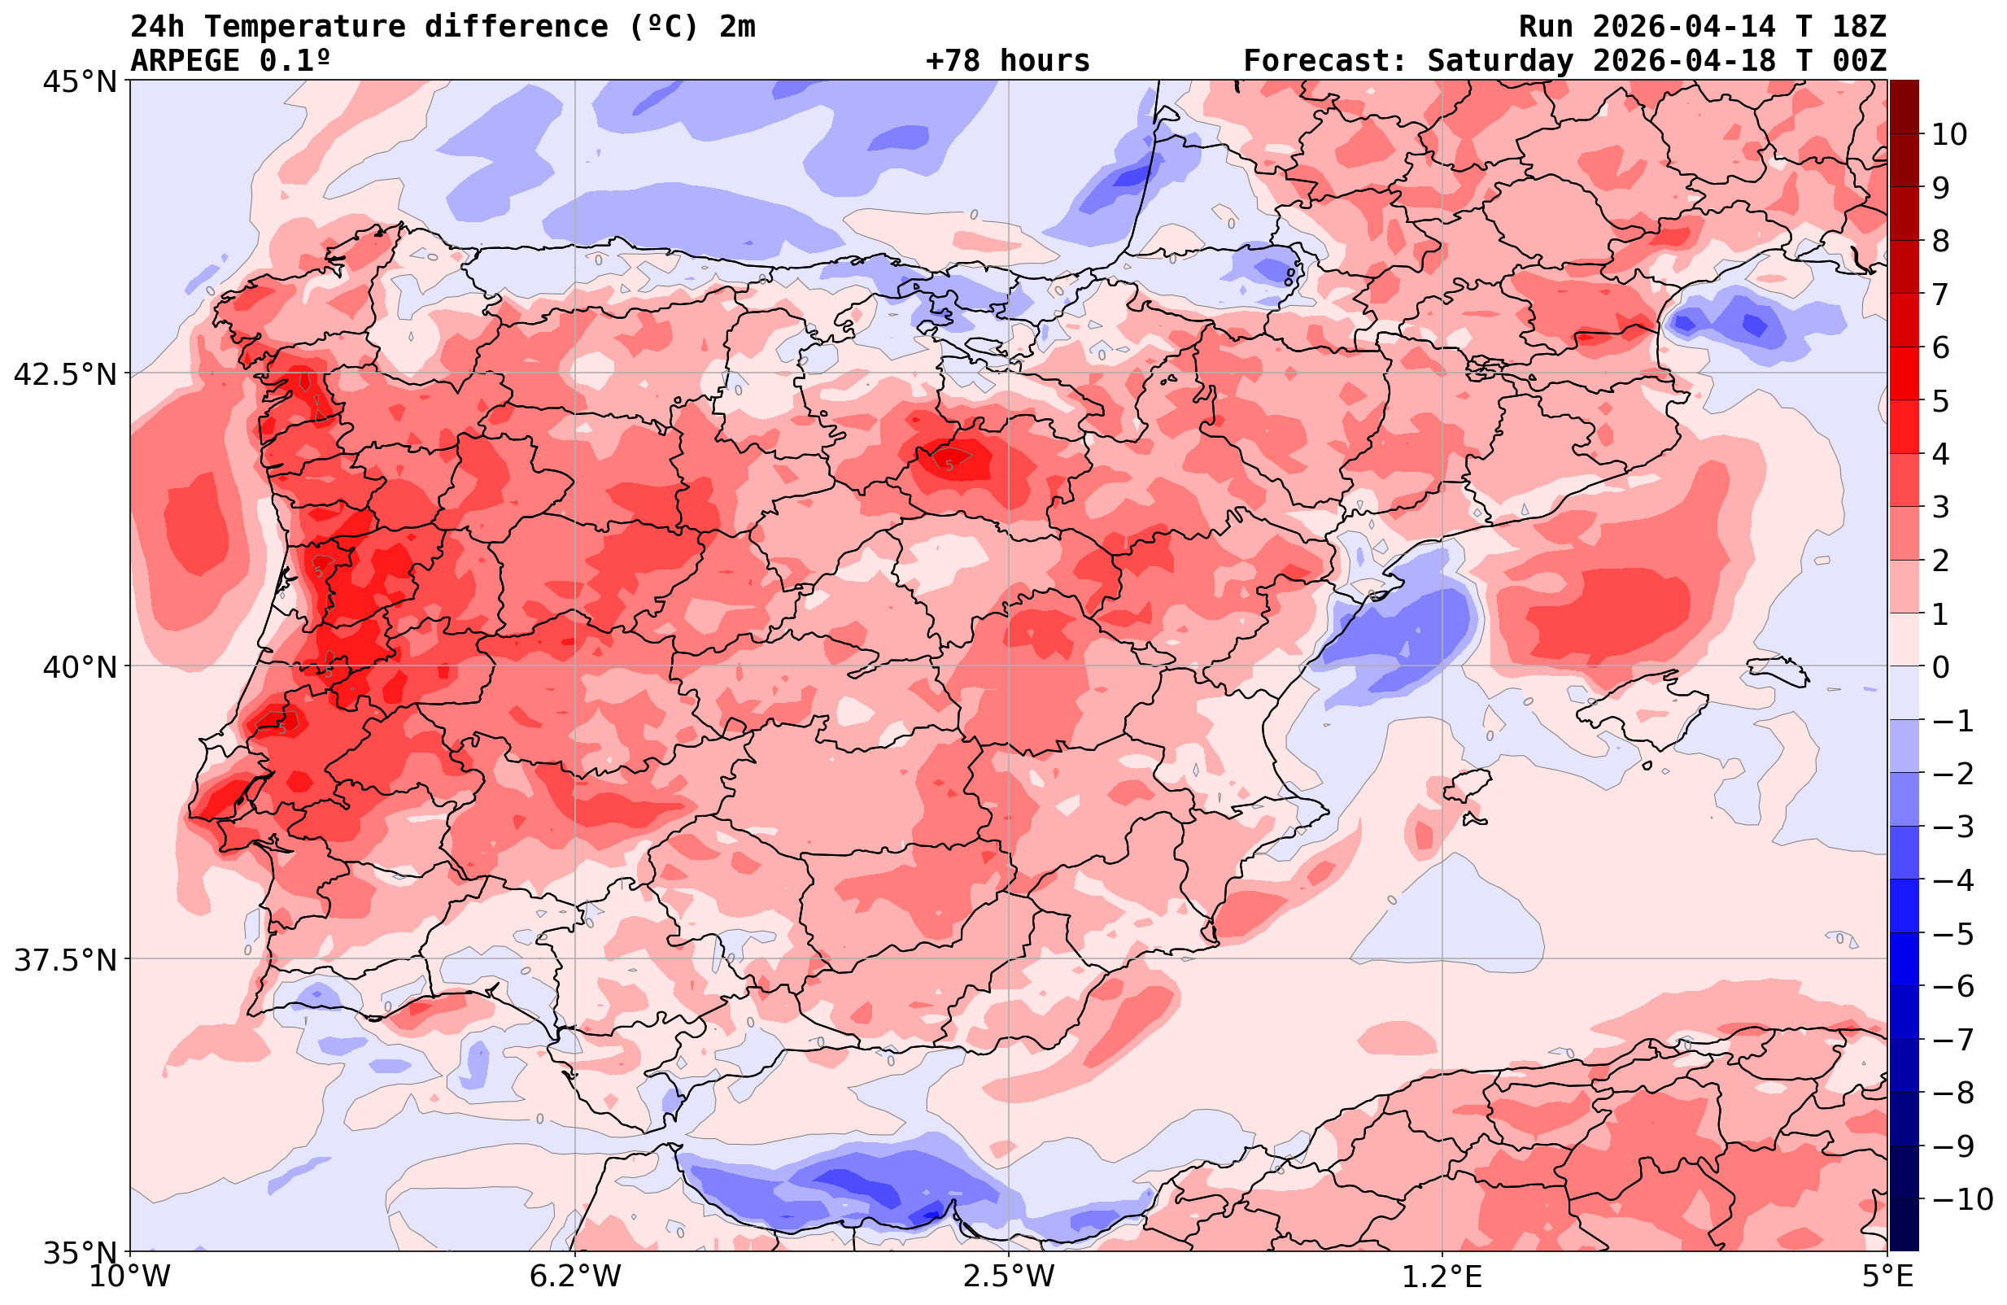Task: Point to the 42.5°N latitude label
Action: point(65,374)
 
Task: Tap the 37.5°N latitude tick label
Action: point(65,960)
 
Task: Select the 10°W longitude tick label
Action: point(130,1276)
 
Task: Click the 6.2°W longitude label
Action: point(575,1276)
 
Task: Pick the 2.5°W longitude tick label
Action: point(1009,1276)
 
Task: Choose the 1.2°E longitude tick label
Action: point(1442,1276)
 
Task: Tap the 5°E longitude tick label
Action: point(1887,1276)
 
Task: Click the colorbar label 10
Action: point(1948,134)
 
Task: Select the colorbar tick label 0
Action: point(1939,667)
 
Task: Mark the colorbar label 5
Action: point(1939,401)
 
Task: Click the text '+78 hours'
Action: point(1008,61)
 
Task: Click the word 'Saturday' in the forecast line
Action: point(1500,61)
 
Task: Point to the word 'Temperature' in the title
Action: point(304,27)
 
